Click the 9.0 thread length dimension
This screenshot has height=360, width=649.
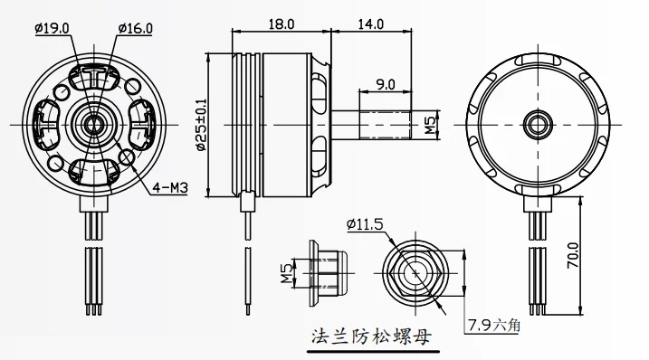(386, 84)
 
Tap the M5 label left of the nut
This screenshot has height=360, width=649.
(286, 272)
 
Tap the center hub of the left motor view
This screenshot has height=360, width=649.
(91, 123)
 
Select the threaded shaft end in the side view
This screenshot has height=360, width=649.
(387, 124)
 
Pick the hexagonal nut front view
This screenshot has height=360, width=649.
(415, 272)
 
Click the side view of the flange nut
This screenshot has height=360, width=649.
(326, 271)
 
